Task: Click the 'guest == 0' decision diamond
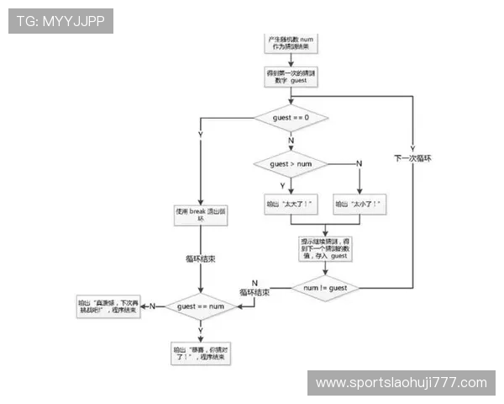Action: [x=291, y=118]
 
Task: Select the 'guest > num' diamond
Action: [x=291, y=163]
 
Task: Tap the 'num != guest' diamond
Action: [x=324, y=289]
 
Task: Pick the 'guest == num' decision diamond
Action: [x=199, y=307]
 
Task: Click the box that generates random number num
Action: [x=290, y=44]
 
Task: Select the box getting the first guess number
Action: [x=290, y=77]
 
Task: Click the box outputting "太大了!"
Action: [x=290, y=205]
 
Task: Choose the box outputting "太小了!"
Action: [x=359, y=205]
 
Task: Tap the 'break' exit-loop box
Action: [x=200, y=215]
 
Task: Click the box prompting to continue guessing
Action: [x=324, y=247]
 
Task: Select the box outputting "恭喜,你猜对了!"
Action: [x=199, y=353]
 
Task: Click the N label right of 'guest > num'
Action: [x=359, y=162]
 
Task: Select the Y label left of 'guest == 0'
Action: [x=200, y=134]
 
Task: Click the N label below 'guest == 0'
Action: [x=291, y=141]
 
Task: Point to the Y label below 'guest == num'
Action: [x=200, y=331]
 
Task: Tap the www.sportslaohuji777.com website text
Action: [x=401, y=383]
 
